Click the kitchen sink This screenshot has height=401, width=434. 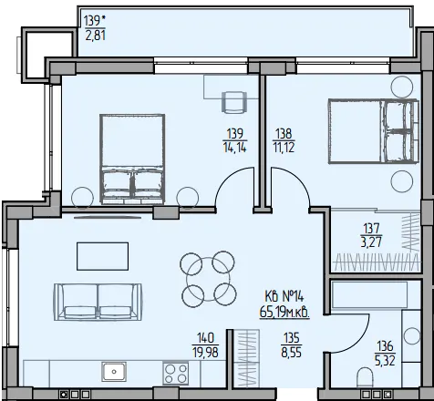114,371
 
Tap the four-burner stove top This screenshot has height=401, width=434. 175,373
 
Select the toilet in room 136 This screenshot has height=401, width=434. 365,377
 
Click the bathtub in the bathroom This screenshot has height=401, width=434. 369,294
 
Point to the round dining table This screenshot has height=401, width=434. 208,279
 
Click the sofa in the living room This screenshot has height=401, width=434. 98,302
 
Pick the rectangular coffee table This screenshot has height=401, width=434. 102,256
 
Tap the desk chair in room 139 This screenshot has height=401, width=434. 234,102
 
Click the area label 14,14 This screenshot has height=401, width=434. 234,148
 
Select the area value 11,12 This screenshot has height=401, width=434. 284,148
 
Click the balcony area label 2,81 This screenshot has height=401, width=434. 95,36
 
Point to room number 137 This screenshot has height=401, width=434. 371,228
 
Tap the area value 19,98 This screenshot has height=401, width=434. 205,353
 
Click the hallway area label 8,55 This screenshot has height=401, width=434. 291,353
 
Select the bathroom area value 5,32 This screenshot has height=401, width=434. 385,361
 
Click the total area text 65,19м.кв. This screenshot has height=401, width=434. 284,313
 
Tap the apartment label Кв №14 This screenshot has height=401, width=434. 284,295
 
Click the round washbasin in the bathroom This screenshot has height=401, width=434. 411,336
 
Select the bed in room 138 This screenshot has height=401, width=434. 374,131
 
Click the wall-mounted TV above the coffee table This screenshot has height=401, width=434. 108,217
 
